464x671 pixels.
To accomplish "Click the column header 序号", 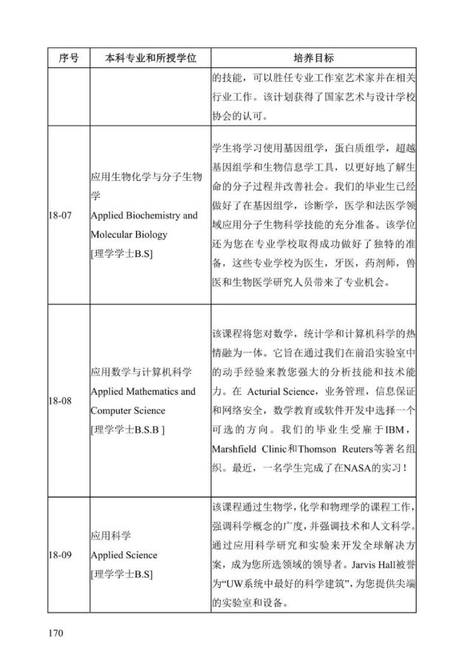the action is pyautogui.click(x=68, y=58).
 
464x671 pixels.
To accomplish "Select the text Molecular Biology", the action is pyautogui.click(x=129, y=235).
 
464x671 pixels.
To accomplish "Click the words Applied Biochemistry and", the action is pyautogui.click(x=144, y=216).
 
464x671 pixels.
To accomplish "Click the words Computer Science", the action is pyautogui.click(x=128, y=410).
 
